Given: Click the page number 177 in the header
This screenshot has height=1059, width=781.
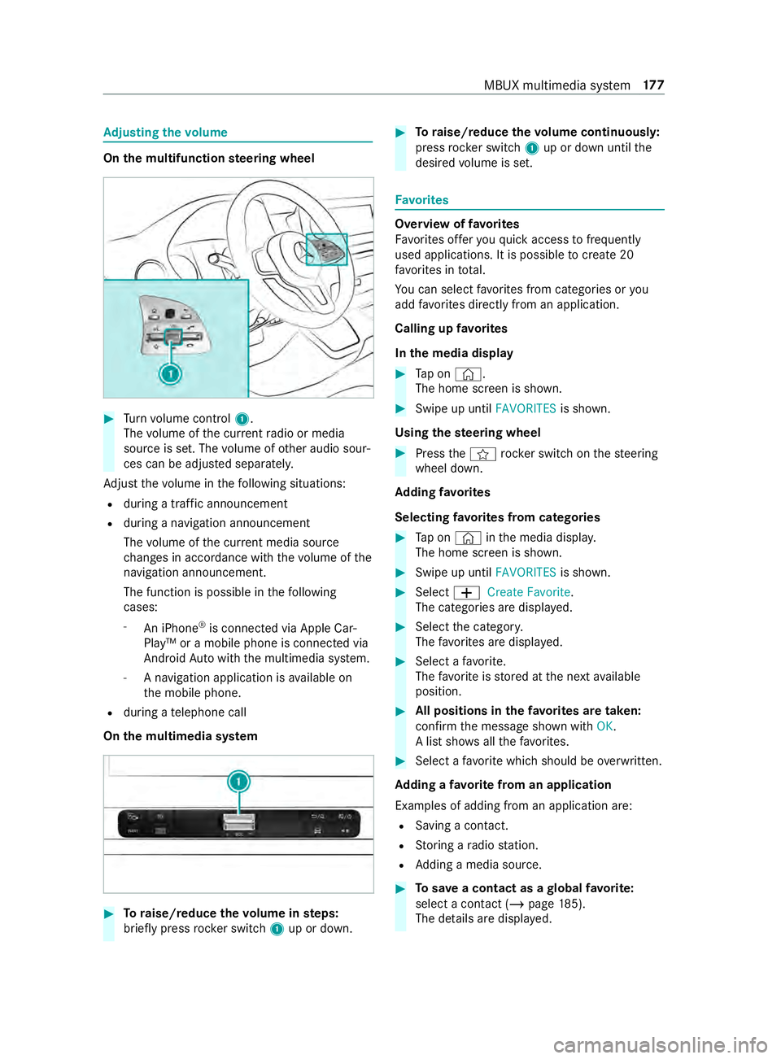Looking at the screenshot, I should tap(653, 85).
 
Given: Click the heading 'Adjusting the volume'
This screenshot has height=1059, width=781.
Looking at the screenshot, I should tap(165, 133).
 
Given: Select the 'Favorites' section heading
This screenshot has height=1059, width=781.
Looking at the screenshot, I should tap(421, 200).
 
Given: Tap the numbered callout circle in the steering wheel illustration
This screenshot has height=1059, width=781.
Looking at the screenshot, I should tap(170, 374).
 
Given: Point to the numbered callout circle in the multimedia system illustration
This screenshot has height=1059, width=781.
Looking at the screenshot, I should tap(238, 782).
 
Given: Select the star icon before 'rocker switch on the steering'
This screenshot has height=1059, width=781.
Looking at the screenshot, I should tap(482, 454).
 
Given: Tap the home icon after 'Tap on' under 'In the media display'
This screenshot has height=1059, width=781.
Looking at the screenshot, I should tap(467, 374).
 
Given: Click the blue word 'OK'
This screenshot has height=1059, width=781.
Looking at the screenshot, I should tap(604, 726).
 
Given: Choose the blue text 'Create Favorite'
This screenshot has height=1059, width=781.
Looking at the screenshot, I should tap(529, 592).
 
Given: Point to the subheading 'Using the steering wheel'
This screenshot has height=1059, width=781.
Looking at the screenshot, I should tap(468, 433).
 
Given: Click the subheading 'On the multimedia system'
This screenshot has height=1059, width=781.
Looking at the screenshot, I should tap(181, 736).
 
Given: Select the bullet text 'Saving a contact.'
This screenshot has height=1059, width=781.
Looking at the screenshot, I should tap(461, 826).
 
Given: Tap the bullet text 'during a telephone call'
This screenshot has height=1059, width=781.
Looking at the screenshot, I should tap(185, 713).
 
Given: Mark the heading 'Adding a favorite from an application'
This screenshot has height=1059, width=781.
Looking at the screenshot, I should tap(503, 785).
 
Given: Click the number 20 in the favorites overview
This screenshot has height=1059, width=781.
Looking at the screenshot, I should tap(626, 255).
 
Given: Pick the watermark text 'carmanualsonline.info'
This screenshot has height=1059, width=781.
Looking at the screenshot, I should tap(660, 1044).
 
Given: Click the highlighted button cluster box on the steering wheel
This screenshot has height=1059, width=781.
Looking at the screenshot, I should tap(326, 249).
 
